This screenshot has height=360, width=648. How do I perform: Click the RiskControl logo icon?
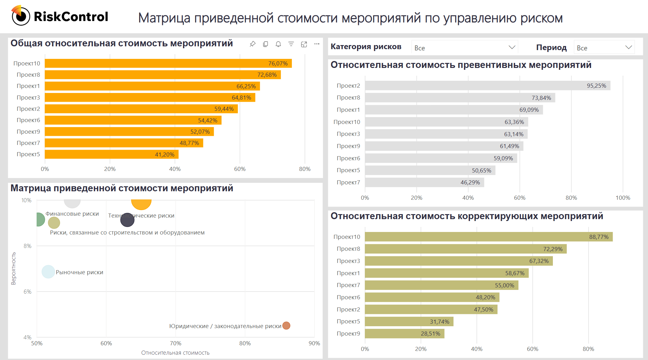(x=21, y=16)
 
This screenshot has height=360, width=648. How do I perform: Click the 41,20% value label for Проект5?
(x=165, y=154)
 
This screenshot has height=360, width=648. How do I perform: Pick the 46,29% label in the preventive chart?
(x=470, y=183)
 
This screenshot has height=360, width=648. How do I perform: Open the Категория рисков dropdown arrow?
(x=512, y=47)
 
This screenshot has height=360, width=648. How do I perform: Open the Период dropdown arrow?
(x=629, y=47)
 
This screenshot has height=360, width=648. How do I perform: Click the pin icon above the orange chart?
(x=253, y=44)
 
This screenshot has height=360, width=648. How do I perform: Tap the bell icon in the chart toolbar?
(x=278, y=44)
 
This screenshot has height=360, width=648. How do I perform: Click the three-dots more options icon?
(x=317, y=44)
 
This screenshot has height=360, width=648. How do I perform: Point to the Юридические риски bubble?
(x=286, y=326)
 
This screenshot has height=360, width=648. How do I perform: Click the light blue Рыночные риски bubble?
(x=48, y=272)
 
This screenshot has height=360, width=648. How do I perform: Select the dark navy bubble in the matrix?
(x=127, y=220)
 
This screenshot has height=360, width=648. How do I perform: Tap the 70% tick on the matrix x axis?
(x=176, y=343)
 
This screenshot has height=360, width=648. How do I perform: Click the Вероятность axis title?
(x=13, y=269)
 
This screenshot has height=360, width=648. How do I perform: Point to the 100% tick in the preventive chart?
(x=623, y=198)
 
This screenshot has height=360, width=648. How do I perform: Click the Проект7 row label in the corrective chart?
(x=348, y=285)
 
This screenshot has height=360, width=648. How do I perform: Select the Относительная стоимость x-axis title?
(x=175, y=353)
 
